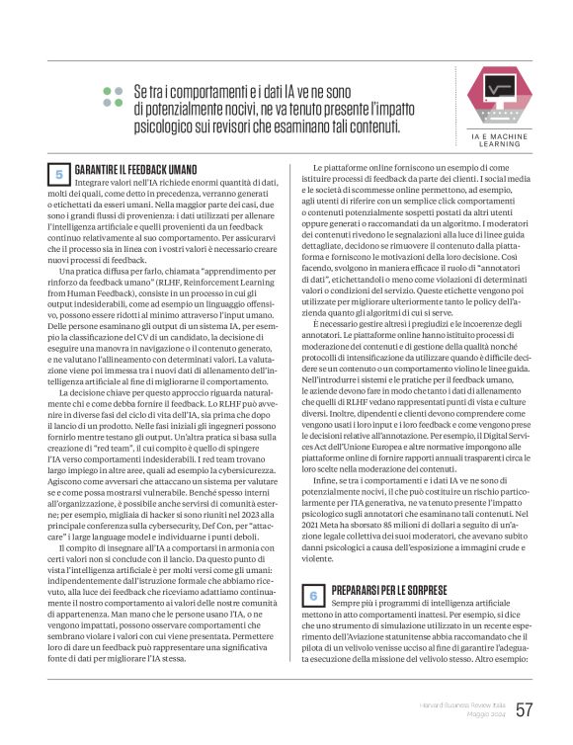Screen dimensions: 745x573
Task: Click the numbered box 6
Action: [313, 595]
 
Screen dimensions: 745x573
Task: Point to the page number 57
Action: [525, 709]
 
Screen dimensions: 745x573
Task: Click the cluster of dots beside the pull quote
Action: [113, 96]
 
